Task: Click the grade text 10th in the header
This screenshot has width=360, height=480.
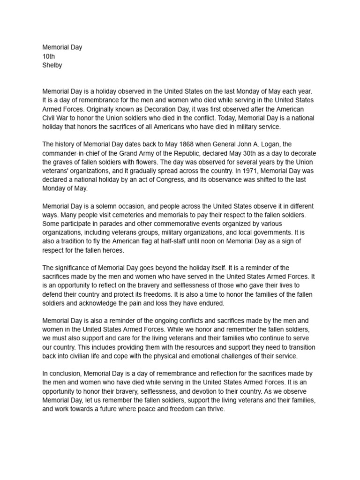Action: (x=49, y=57)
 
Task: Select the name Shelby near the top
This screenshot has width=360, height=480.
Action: (x=52, y=66)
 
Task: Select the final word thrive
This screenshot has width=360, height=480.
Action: (x=215, y=409)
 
